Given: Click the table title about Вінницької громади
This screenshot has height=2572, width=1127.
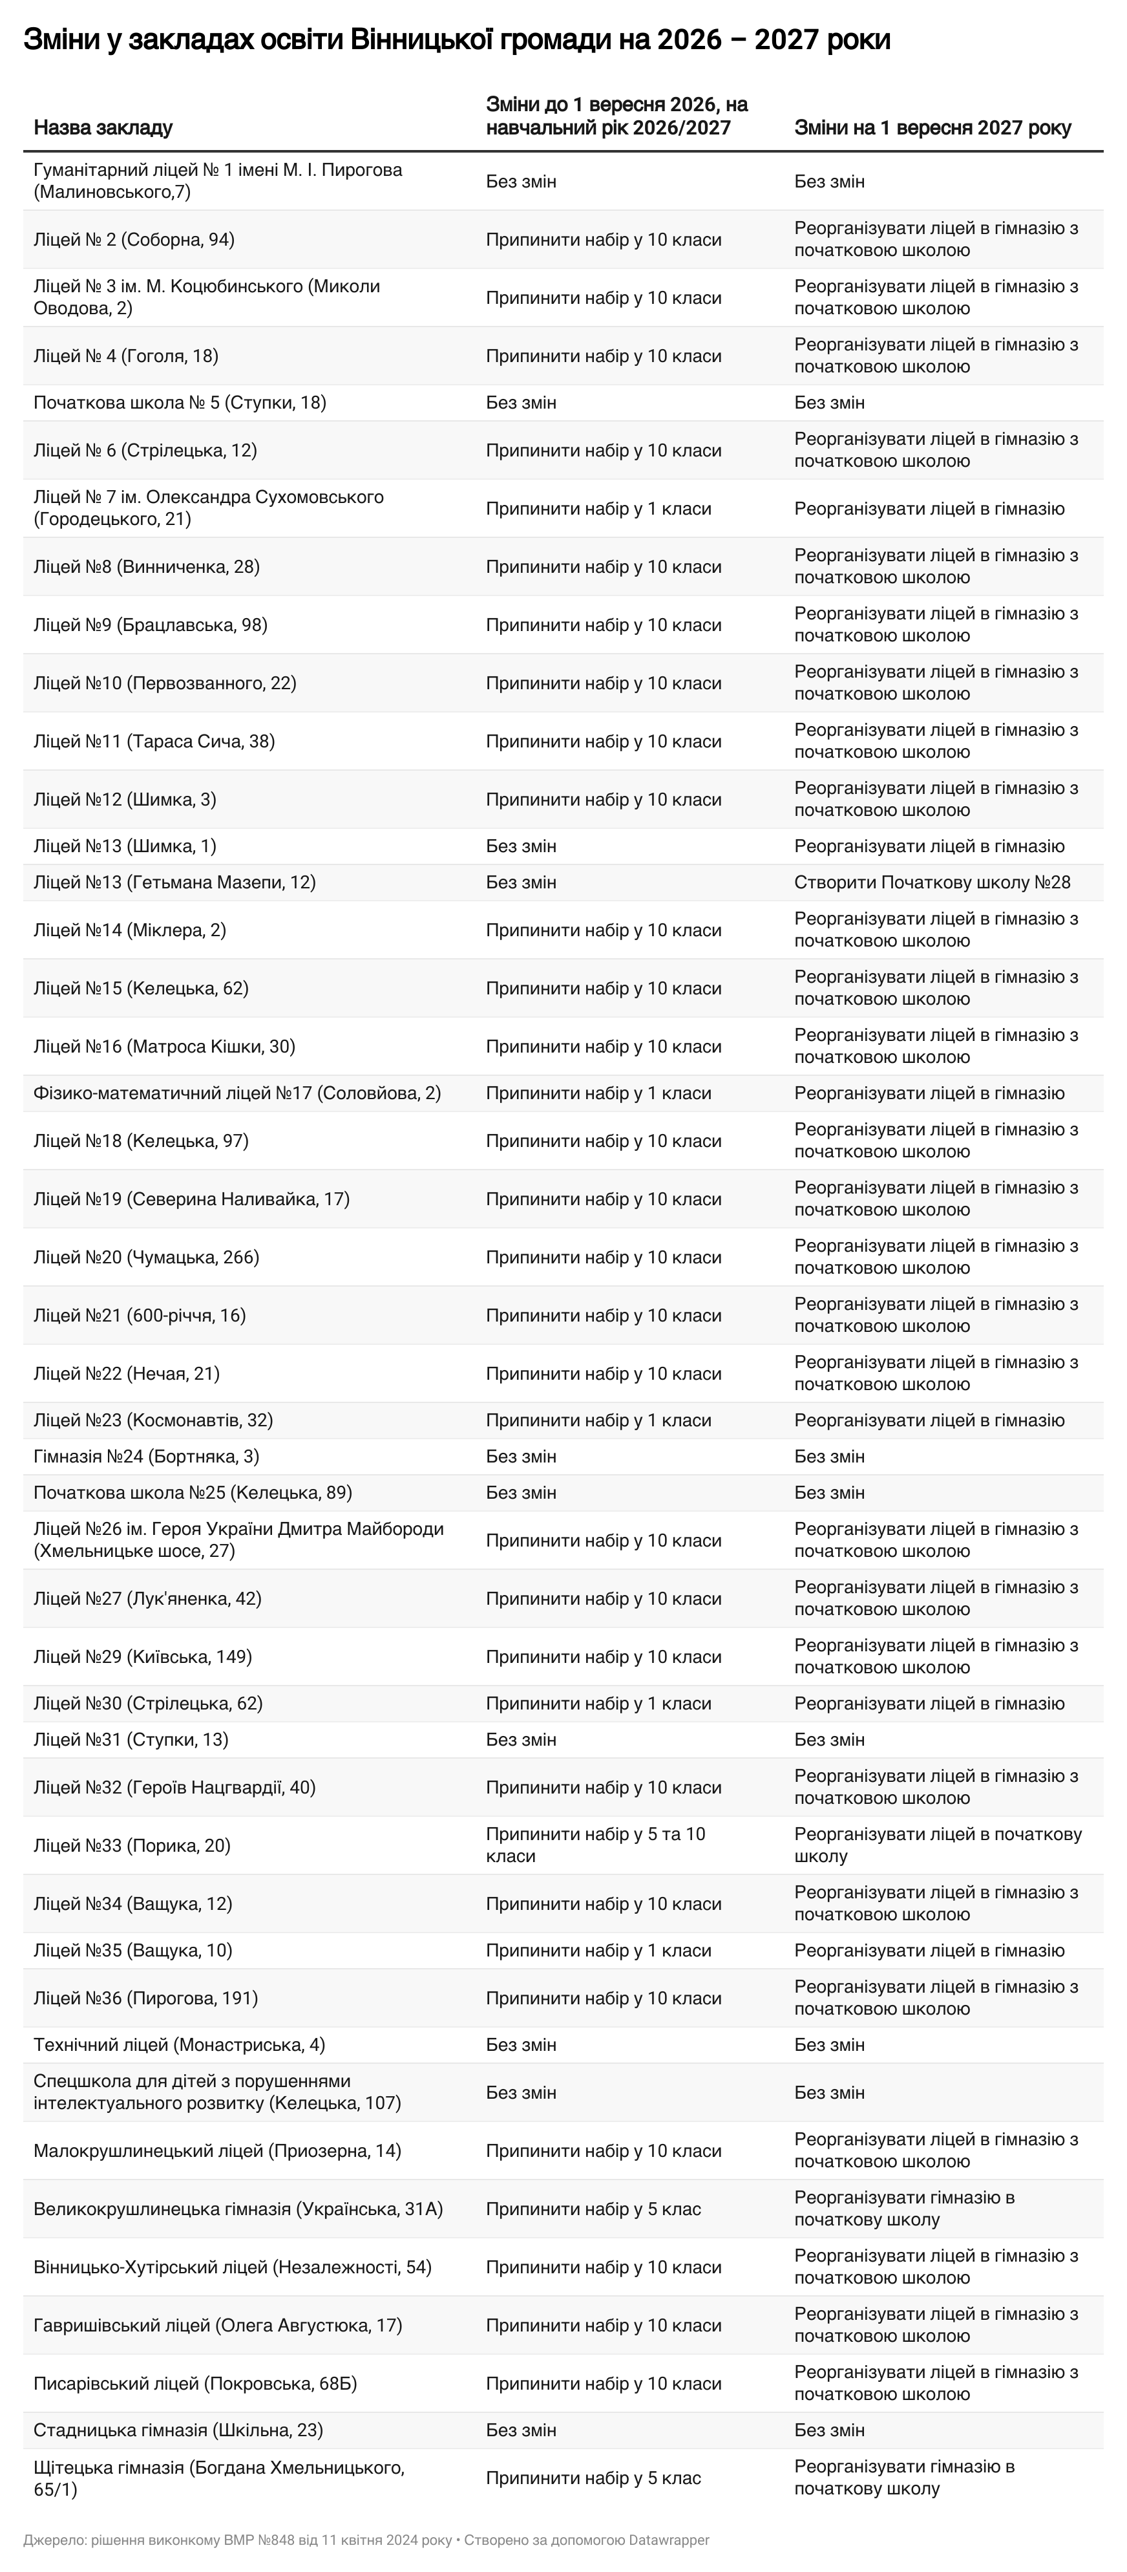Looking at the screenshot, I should point(456,40).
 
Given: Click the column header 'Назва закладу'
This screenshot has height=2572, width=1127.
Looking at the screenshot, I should point(103,128).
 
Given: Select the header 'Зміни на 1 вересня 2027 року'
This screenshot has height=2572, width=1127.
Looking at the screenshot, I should point(932,128).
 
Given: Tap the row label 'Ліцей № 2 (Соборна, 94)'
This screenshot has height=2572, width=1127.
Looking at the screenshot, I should point(134,240).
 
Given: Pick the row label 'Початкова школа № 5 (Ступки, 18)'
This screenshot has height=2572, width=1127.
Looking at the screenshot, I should point(180,402).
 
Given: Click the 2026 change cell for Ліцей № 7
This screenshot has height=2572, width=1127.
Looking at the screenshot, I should point(598,508).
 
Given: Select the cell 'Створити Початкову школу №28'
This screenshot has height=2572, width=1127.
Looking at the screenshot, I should point(931,882).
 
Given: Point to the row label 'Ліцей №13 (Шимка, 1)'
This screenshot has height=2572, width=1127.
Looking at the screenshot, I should point(125,846).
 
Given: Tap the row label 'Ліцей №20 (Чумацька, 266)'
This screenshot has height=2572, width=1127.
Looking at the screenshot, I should point(146,1257).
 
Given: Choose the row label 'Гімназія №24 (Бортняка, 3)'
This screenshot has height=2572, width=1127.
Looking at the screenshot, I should point(146,1456).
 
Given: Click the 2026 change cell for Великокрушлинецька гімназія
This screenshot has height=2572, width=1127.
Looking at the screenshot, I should point(593,2209).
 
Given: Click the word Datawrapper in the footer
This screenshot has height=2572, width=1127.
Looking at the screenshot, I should point(669,2539).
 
